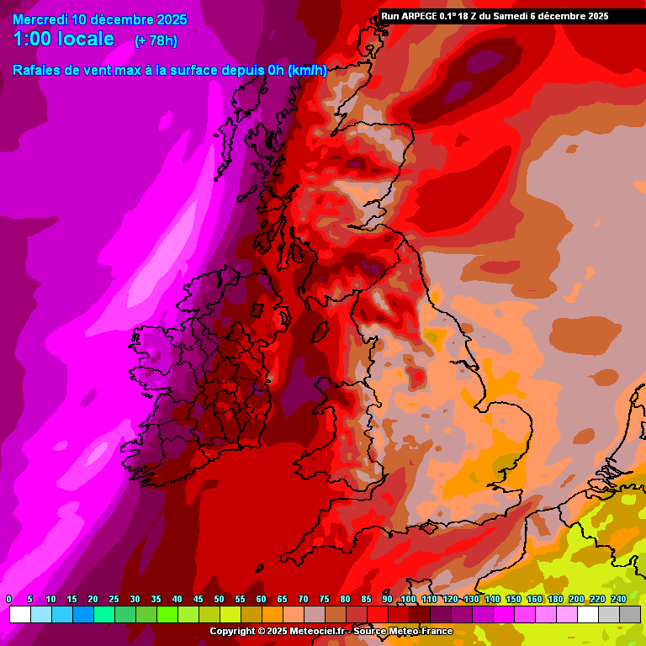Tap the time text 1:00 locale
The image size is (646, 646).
point(64,39)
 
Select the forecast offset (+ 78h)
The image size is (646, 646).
point(156,40)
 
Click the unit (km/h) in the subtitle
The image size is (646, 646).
point(307,71)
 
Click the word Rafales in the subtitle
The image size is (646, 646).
point(37,71)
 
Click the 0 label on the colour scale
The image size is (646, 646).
point(9,599)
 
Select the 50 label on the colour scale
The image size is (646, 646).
point(219,599)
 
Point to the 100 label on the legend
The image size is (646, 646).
point(408,599)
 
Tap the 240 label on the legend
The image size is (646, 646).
point(618,599)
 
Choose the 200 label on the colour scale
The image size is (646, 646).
point(576,599)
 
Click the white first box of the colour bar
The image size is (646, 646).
point(20,615)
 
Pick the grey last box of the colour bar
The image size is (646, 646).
point(630,615)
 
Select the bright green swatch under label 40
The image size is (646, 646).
point(167,615)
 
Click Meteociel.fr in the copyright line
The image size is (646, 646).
point(314,631)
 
